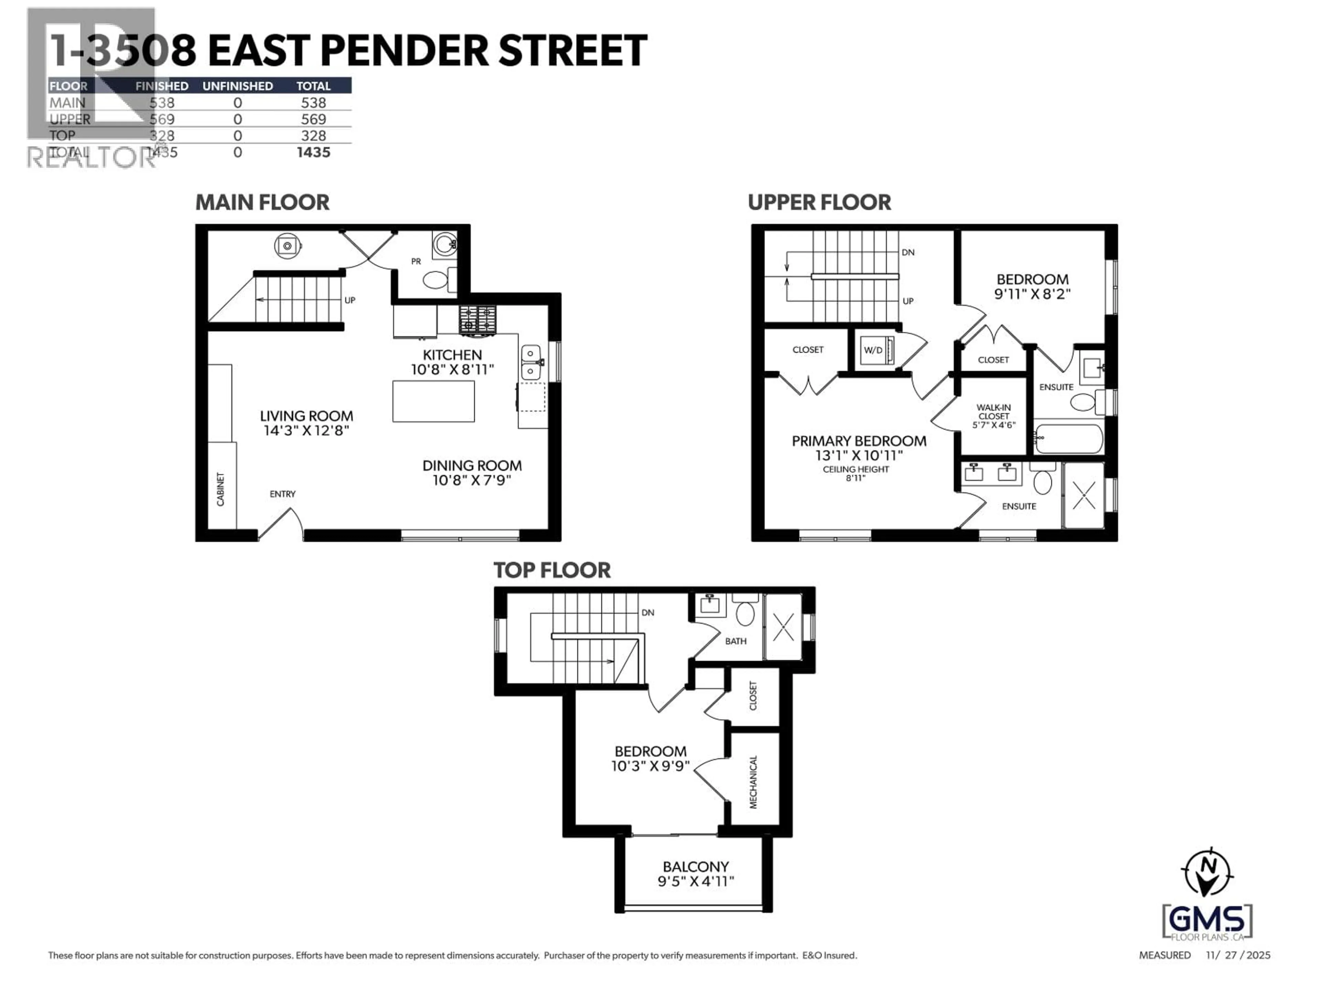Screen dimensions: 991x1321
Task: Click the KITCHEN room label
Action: [x=452, y=355]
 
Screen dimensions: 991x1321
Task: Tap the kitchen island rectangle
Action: [x=433, y=402]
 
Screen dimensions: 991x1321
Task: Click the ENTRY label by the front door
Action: [x=282, y=494]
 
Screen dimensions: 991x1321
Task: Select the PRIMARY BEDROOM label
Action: [x=859, y=441]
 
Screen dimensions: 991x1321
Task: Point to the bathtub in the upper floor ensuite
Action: [x=1068, y=439]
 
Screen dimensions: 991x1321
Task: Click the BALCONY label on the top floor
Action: [x=696, y=867]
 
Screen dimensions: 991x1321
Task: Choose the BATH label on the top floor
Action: [x=736, y=641]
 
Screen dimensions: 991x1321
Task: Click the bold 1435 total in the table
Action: [x=313, y=152]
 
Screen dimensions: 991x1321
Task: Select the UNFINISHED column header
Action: [x=238, y=86]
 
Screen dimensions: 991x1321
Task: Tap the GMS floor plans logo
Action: [x=1207, y=922]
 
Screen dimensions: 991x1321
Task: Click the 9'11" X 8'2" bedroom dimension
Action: [x=1032, y=294]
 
